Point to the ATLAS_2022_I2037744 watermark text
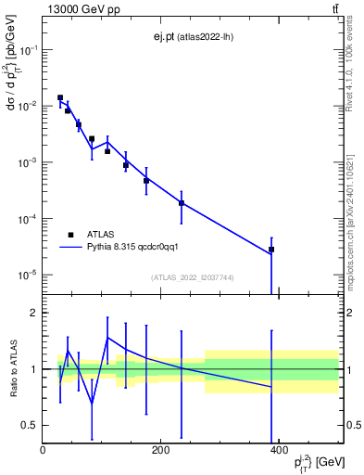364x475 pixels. coord(194,277)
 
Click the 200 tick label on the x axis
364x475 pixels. coord(161,450)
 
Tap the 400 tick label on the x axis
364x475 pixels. coord(279,450)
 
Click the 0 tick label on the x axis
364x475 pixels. coord(43,450)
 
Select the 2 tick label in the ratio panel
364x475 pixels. coord(33,313)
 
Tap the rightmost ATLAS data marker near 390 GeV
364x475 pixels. coord(271,250)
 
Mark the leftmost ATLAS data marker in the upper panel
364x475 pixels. coord(60,97)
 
